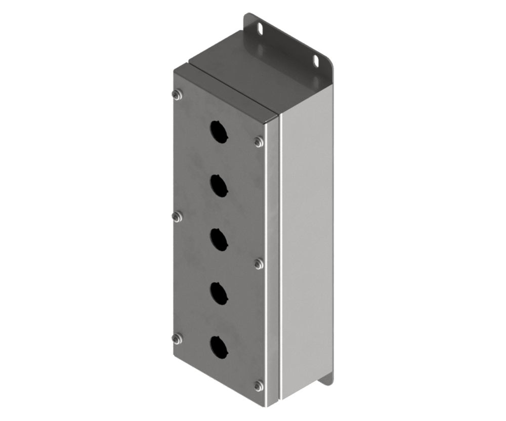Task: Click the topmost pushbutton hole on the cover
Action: tap(220, 132)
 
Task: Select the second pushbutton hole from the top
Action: tap(220, 186)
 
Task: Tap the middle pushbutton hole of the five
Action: tap(220, 239)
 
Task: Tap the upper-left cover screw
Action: tap(177, 94)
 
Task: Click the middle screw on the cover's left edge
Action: tap(177, 217)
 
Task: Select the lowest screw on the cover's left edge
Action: tap(177, 339)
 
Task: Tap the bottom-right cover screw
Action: tap(259, 386)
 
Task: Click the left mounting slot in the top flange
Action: tap(262, 29)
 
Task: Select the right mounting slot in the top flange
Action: tap(316, 62)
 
